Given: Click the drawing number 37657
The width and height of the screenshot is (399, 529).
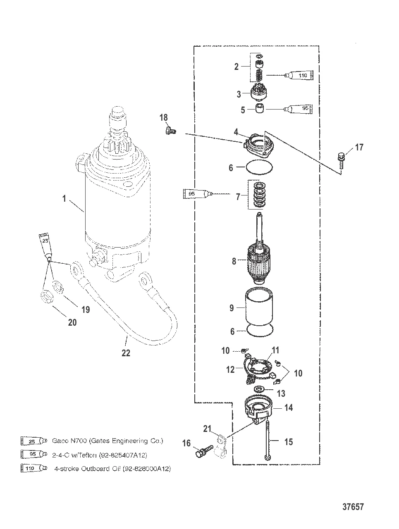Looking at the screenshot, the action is pos(353,507).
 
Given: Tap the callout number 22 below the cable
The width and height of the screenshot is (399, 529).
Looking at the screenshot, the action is pos(126,353).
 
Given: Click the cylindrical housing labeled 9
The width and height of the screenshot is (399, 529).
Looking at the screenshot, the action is pos(259,305).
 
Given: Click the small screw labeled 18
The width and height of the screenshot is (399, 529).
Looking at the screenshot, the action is pos(171,131).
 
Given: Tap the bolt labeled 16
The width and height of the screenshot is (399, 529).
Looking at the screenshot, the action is pos(204,451).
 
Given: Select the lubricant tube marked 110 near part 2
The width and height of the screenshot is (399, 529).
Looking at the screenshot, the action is pos(299,76).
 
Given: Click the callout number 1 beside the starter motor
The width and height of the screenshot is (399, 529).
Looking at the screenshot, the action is pos(64,198).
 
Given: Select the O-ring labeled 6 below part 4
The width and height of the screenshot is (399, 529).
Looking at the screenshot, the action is pos(259,167).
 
